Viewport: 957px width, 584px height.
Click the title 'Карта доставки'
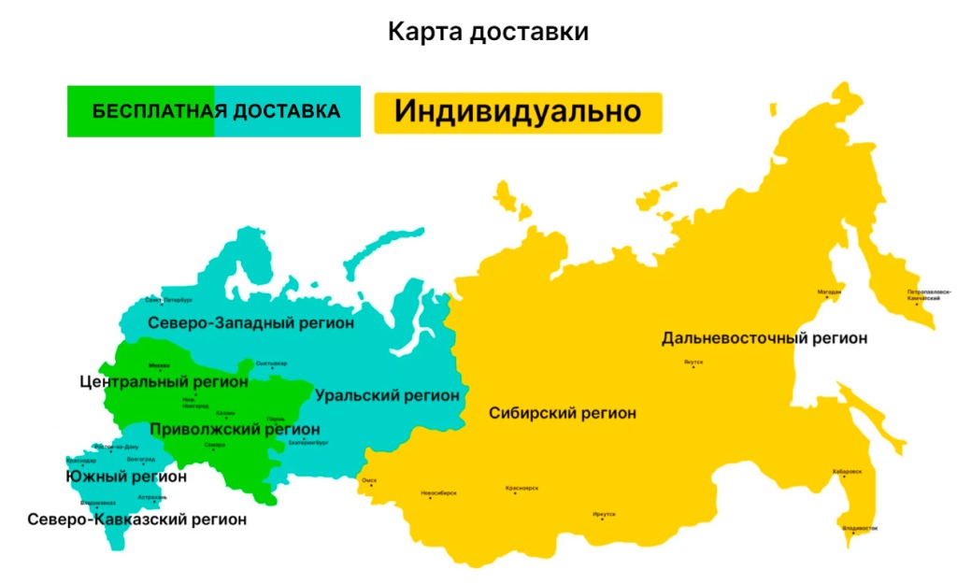pyautogui.click(x=488, y=32)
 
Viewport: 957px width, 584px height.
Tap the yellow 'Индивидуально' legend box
pyautogui.click(x=518, y=112)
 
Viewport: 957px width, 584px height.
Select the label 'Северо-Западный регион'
pyautogui.click(x=251, y=323)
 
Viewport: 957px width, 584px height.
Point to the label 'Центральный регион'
pyautogui.click(x=164, y=381)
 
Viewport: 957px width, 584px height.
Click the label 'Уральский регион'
pyautogui.click(x=387, y=395)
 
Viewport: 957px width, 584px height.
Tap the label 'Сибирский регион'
pyautogui.click(x=563, y=413)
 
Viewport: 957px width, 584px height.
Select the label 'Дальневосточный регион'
pyautogui.click(x=764, y=337)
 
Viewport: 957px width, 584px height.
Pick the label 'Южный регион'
pyautogui.click(x=126, y=477)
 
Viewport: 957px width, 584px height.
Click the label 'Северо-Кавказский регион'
pyautogui.click(x=137, y=519)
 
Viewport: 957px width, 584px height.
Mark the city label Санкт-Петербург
pyautogui.click(x=168, y=301)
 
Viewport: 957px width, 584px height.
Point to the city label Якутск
pyautogui.click(x=693, y=362)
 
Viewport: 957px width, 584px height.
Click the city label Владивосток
pyautogui.click(x=860, y=529)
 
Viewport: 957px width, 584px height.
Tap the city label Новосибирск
pyautogui.click(x=439, y=492)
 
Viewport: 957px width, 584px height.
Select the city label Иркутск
pyautogui.click(x=604, y=514)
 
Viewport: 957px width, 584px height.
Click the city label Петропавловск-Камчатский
pyautogui.click(x=929, y=294)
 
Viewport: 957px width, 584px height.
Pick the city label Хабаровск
pyautogui.click(x=847, y=472)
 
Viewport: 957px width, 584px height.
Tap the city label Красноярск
pyautogui.click(x=521, y=488)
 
